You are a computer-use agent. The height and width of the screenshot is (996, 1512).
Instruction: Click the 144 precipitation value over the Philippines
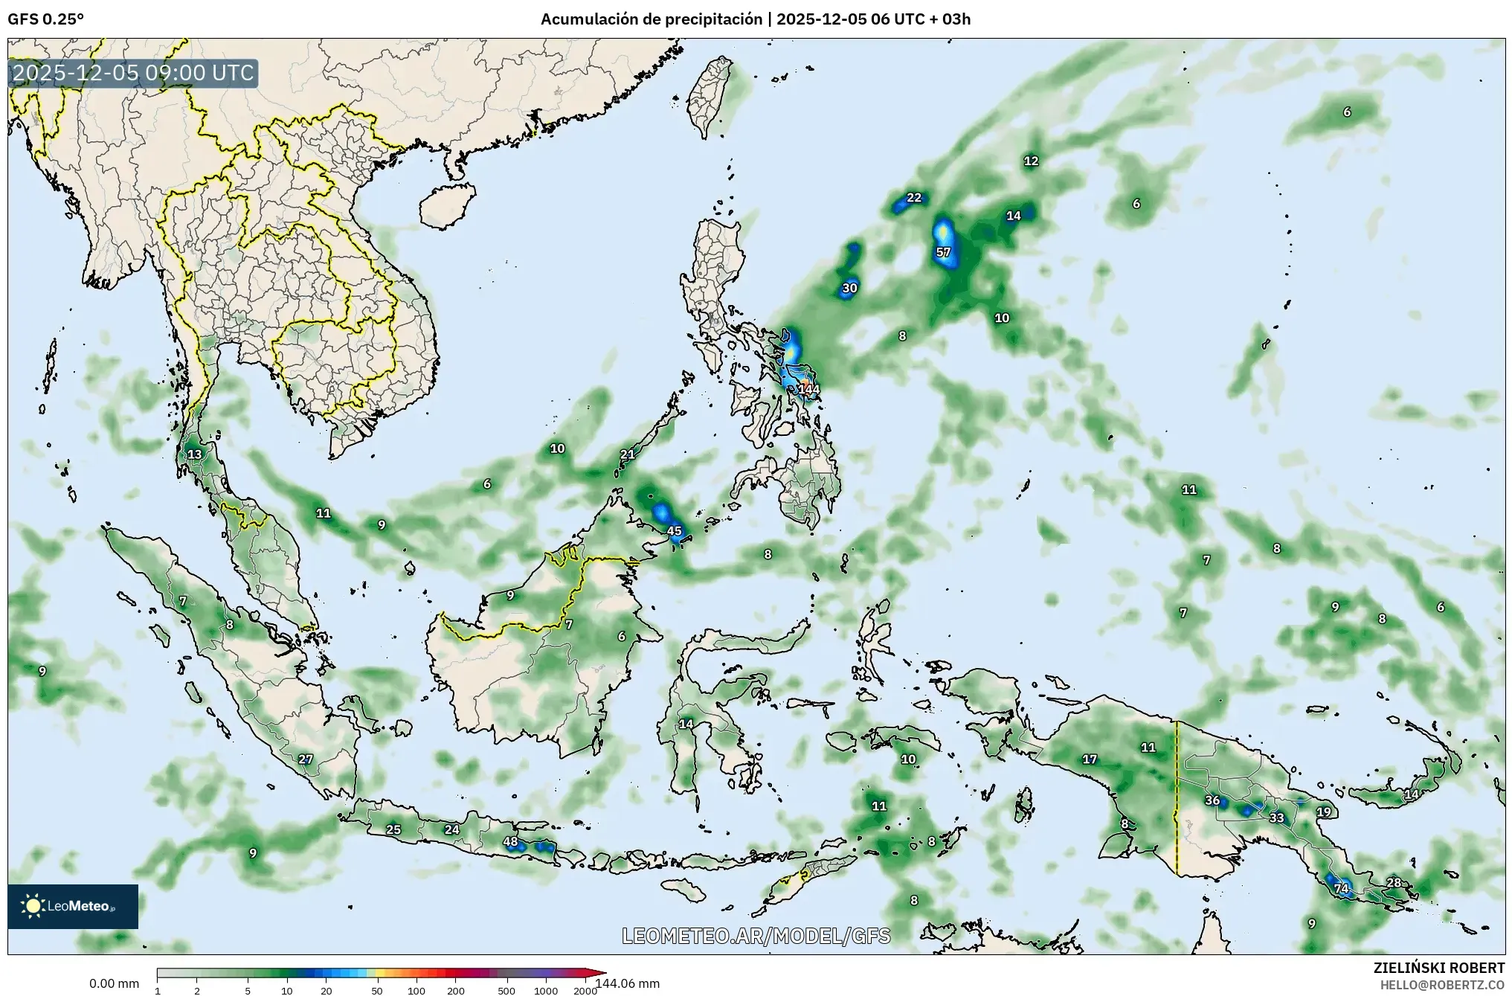[808, 389]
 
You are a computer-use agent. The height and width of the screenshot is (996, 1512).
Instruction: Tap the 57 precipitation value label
[943, 252]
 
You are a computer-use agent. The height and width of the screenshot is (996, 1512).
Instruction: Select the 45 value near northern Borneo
[675, 530]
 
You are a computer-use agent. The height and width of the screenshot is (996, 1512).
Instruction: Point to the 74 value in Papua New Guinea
[1341, 888]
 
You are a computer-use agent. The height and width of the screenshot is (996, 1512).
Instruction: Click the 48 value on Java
[510, 842]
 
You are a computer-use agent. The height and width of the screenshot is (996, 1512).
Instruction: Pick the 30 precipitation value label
[849, 288]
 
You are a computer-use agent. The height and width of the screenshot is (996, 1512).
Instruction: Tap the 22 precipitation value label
[914, 197]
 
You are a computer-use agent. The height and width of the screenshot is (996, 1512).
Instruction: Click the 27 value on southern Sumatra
[306, 759]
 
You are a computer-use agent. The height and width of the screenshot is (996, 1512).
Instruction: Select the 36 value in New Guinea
[1212, 800]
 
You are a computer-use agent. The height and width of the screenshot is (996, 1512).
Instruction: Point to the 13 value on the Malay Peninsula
[195, 454]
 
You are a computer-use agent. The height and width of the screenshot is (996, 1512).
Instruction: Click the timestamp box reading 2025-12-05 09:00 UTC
[134, 73]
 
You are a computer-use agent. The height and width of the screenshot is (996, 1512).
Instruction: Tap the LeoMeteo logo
[73, 906]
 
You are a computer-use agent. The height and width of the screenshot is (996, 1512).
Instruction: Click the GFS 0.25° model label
[45, 19]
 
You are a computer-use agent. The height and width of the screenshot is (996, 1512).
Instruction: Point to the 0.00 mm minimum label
[114, 983]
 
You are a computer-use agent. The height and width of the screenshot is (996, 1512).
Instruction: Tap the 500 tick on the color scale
[506, 991]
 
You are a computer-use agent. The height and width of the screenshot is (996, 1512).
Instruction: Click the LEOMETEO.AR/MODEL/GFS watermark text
[756, 936]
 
